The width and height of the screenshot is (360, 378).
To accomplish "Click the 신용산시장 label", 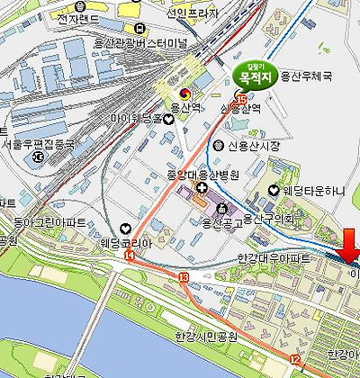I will (x=253, y=146).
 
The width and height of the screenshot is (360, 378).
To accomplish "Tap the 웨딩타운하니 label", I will (x=314, y=190).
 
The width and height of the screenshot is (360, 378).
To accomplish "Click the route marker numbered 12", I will (x=294, y=359).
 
